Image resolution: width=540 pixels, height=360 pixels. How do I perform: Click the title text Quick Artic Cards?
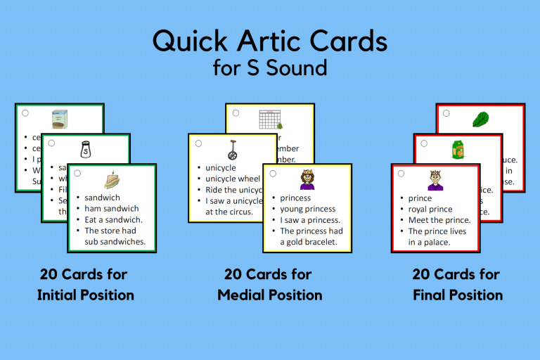270,41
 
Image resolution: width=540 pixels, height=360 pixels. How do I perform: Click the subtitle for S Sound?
270,69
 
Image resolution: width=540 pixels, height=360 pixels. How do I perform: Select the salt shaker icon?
86,149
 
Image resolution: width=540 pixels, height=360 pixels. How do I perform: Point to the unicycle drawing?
232,149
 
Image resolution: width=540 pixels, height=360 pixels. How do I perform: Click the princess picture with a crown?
307,180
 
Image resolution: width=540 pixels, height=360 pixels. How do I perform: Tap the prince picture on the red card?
435,180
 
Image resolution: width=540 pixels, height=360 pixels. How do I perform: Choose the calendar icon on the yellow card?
269,118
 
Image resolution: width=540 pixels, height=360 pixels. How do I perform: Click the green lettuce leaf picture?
480,118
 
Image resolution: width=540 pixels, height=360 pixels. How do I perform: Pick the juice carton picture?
458,149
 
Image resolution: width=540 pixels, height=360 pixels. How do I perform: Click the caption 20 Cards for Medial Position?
270,284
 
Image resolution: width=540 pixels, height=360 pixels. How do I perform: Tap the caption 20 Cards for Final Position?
458,284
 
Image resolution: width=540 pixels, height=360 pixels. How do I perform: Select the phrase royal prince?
430,209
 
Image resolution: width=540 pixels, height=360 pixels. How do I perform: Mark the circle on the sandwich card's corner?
76,173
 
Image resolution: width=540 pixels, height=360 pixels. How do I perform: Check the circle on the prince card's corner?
400,173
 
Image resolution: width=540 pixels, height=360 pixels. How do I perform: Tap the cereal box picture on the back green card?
60,118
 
